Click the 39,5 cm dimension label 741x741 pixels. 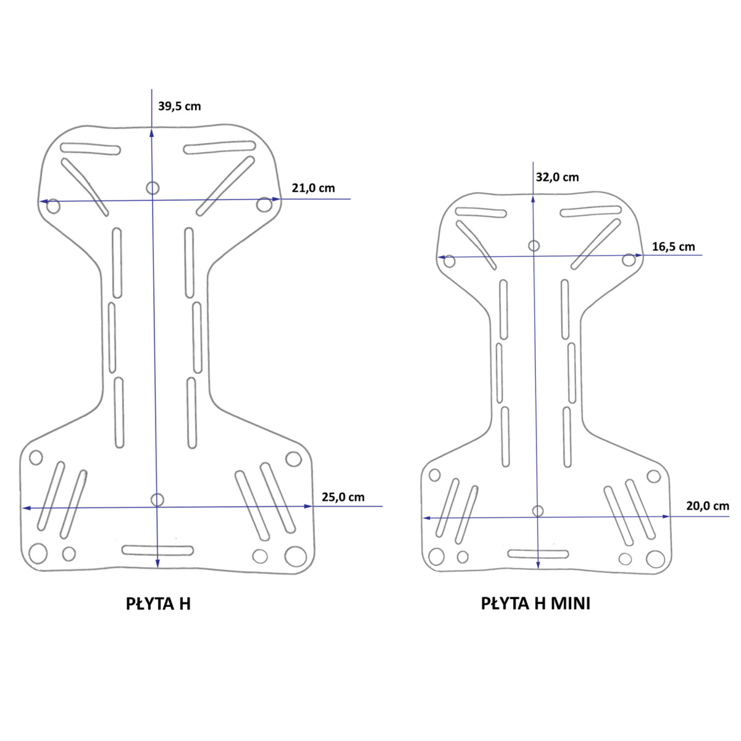pos(179,106)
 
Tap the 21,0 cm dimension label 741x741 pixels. pos(313,188)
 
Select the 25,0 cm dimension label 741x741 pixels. pos(343,497)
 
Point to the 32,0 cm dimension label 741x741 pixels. pos(557,177)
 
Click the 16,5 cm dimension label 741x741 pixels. pos(673,247)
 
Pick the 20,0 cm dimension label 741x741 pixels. pos(708,506)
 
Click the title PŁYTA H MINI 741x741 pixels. pos(535,604)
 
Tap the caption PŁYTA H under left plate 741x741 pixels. pos(158,604)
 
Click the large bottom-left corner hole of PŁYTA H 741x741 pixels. pos(38,554)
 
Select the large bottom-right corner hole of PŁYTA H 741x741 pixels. pos(295,556)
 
